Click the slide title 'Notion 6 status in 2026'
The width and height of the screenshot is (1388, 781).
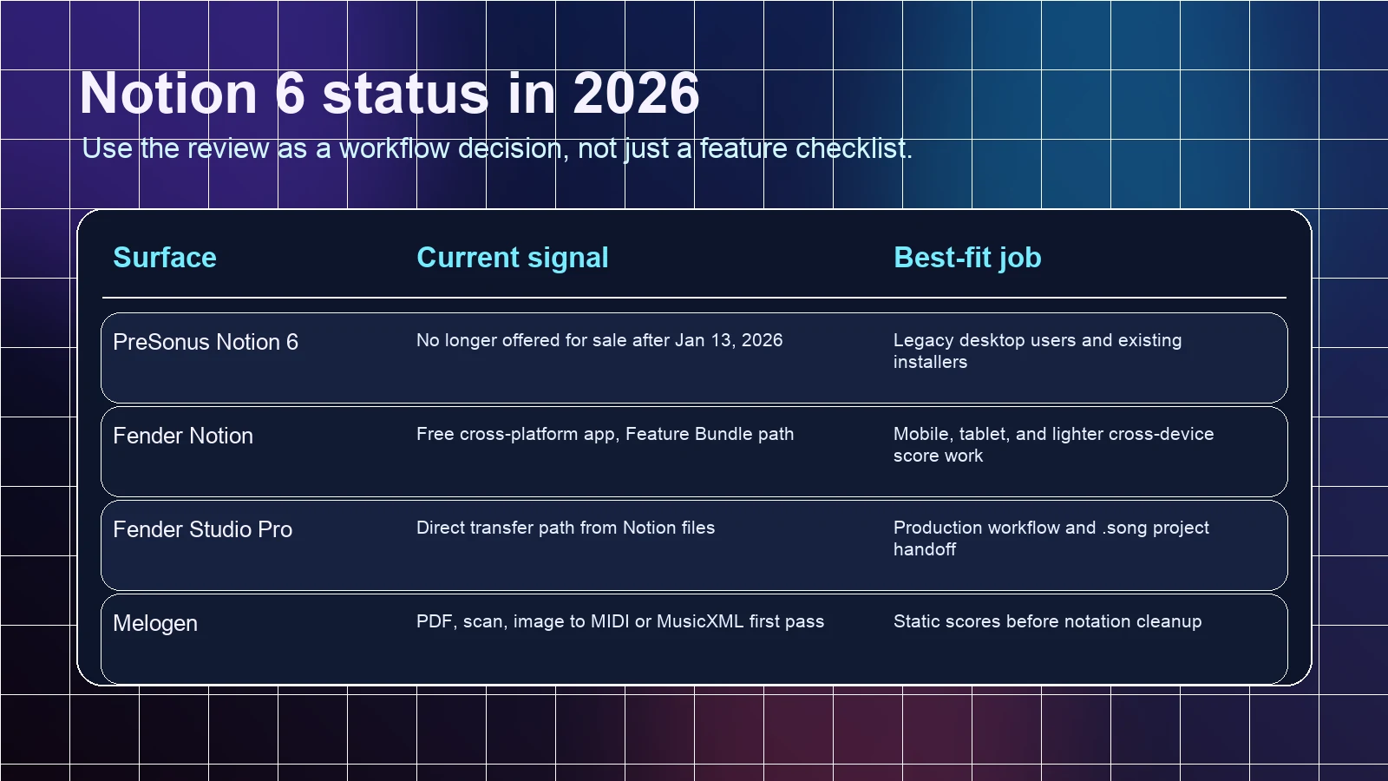coord(390,94)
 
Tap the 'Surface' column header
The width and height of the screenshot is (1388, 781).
coord(165,257)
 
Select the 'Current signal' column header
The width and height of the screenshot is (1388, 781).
coord(513,257)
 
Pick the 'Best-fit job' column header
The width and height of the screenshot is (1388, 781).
coord(967,257)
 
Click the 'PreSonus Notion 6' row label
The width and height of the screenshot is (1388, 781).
coord(206,342)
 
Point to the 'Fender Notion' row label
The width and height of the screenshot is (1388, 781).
coord(183,436)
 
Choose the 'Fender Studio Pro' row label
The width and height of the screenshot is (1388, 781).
coord(203,529)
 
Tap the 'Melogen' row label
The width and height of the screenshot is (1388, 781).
coord(155,623)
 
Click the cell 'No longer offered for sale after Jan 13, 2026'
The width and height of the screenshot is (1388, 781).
coord(599,340)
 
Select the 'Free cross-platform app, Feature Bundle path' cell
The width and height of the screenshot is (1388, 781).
coord(605,434)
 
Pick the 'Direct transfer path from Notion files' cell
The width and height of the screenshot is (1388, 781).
coord(566,528)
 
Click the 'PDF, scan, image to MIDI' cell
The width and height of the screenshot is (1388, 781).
coord(620,621)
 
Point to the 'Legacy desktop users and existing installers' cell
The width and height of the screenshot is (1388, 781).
coord(1038,351)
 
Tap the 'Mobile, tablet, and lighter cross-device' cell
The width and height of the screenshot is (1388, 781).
coord(1053,444)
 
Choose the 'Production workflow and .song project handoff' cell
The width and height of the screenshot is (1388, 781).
coord(1051,538)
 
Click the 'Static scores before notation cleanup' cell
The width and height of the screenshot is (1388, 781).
coord(1047,621)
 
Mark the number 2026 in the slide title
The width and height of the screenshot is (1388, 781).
coord(637,94)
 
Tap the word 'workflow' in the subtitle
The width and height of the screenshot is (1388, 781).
coord(394,148)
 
